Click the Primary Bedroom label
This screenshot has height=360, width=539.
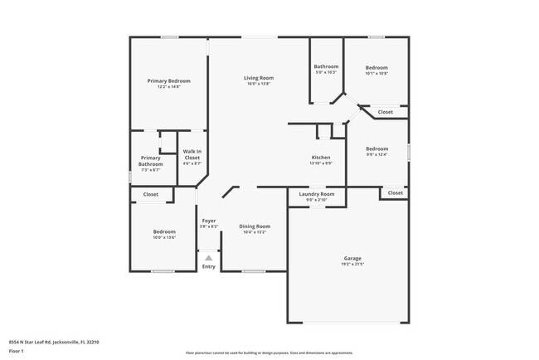tap(168, 80)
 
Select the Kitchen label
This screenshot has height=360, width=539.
tap(321, 157)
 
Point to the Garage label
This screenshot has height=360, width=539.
tap(352, 258)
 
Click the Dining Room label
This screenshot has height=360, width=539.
tap(255, 226)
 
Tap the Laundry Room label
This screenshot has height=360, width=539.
tap(317, 193)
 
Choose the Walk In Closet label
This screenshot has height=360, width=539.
tap(192, 154)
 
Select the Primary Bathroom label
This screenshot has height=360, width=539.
tap(150, 161)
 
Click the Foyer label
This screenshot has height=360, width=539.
tap(208, 221)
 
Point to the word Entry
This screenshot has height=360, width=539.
tap(208, 266)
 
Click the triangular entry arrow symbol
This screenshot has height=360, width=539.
tap(208, 258)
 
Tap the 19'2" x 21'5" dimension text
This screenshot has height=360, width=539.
tap(352, 264)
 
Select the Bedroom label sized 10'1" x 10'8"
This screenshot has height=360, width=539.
tap(376, 67)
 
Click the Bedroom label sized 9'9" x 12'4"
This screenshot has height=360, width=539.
tap(376, 148)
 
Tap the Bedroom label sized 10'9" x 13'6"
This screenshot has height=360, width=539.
tap(163, 231)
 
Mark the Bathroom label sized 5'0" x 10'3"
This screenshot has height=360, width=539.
tap(326, 66)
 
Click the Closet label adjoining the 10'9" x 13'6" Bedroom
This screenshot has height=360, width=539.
tap(150, 194)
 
